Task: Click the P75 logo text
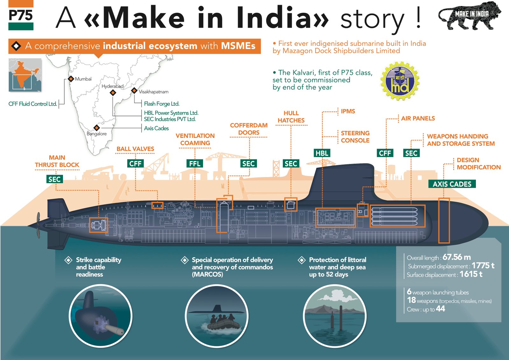tap(21, 15)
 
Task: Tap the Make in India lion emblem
tap(470, 16)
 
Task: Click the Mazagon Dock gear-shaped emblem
tap(400, 81)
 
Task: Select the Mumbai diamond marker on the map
tap(71, 79)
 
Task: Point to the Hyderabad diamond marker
tap(113, 93)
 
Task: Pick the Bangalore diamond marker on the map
tap(97, 128)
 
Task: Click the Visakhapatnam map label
tap(154, 92)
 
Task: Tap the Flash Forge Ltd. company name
tap(162, 104)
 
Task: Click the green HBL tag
tap(322, 153)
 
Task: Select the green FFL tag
tap(195, 164)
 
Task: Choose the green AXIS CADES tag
tap(452, 184)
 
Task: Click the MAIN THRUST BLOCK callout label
tap(57, 161)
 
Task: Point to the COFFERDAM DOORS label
tap(249, 129)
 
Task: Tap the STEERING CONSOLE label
tap(355, 137)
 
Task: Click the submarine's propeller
tap(38, 225)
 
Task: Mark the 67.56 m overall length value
tap(457, 257)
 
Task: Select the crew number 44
tap(440, 309)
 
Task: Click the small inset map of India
tap(25, 75)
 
